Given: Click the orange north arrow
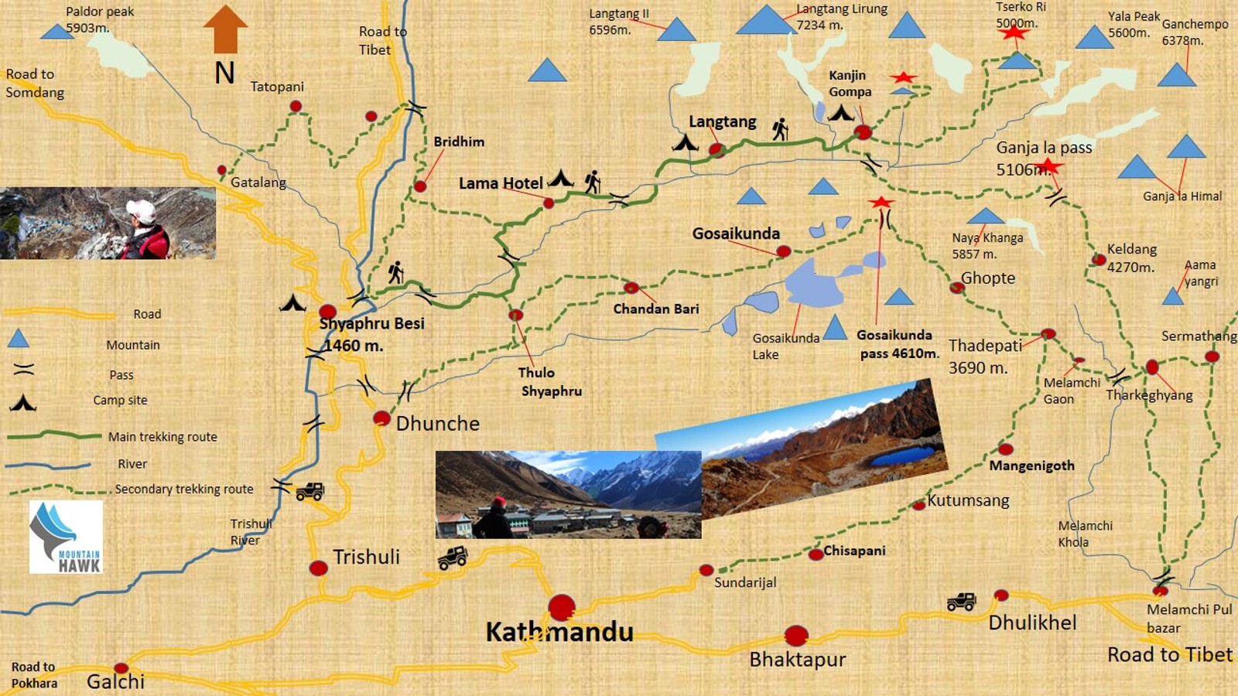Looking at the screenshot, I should (x=225, y=29).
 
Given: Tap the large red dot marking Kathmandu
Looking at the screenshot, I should (x=562, y=608).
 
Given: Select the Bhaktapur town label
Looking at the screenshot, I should (x=797, y=660).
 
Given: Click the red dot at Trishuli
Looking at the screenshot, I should (x=318, y=568).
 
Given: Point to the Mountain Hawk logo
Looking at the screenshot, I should (x=66, y=537).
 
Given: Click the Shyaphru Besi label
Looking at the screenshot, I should (x=372, y=323).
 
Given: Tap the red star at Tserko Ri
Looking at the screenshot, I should (x=1014, y=32).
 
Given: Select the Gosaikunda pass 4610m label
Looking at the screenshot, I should (x=898, y=344).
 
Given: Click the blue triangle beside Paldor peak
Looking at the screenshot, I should (x=56, y=32).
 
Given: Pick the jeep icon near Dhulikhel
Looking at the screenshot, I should (x=961, y=601).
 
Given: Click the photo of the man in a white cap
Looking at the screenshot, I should (x=108, y=223).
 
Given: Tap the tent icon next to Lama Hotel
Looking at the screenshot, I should (x=561, y=179).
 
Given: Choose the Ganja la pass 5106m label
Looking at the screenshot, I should (x=1043, y=158).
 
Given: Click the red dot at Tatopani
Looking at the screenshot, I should (x=296, y=107).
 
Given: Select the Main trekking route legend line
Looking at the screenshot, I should (x=54, y=436).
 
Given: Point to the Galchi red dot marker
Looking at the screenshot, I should (x=121, y=668).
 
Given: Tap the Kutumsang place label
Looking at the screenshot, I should (x=968, y=500).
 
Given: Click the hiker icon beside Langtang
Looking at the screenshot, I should (x=780, y=129).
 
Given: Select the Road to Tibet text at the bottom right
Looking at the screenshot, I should (x=1169, y=654).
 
